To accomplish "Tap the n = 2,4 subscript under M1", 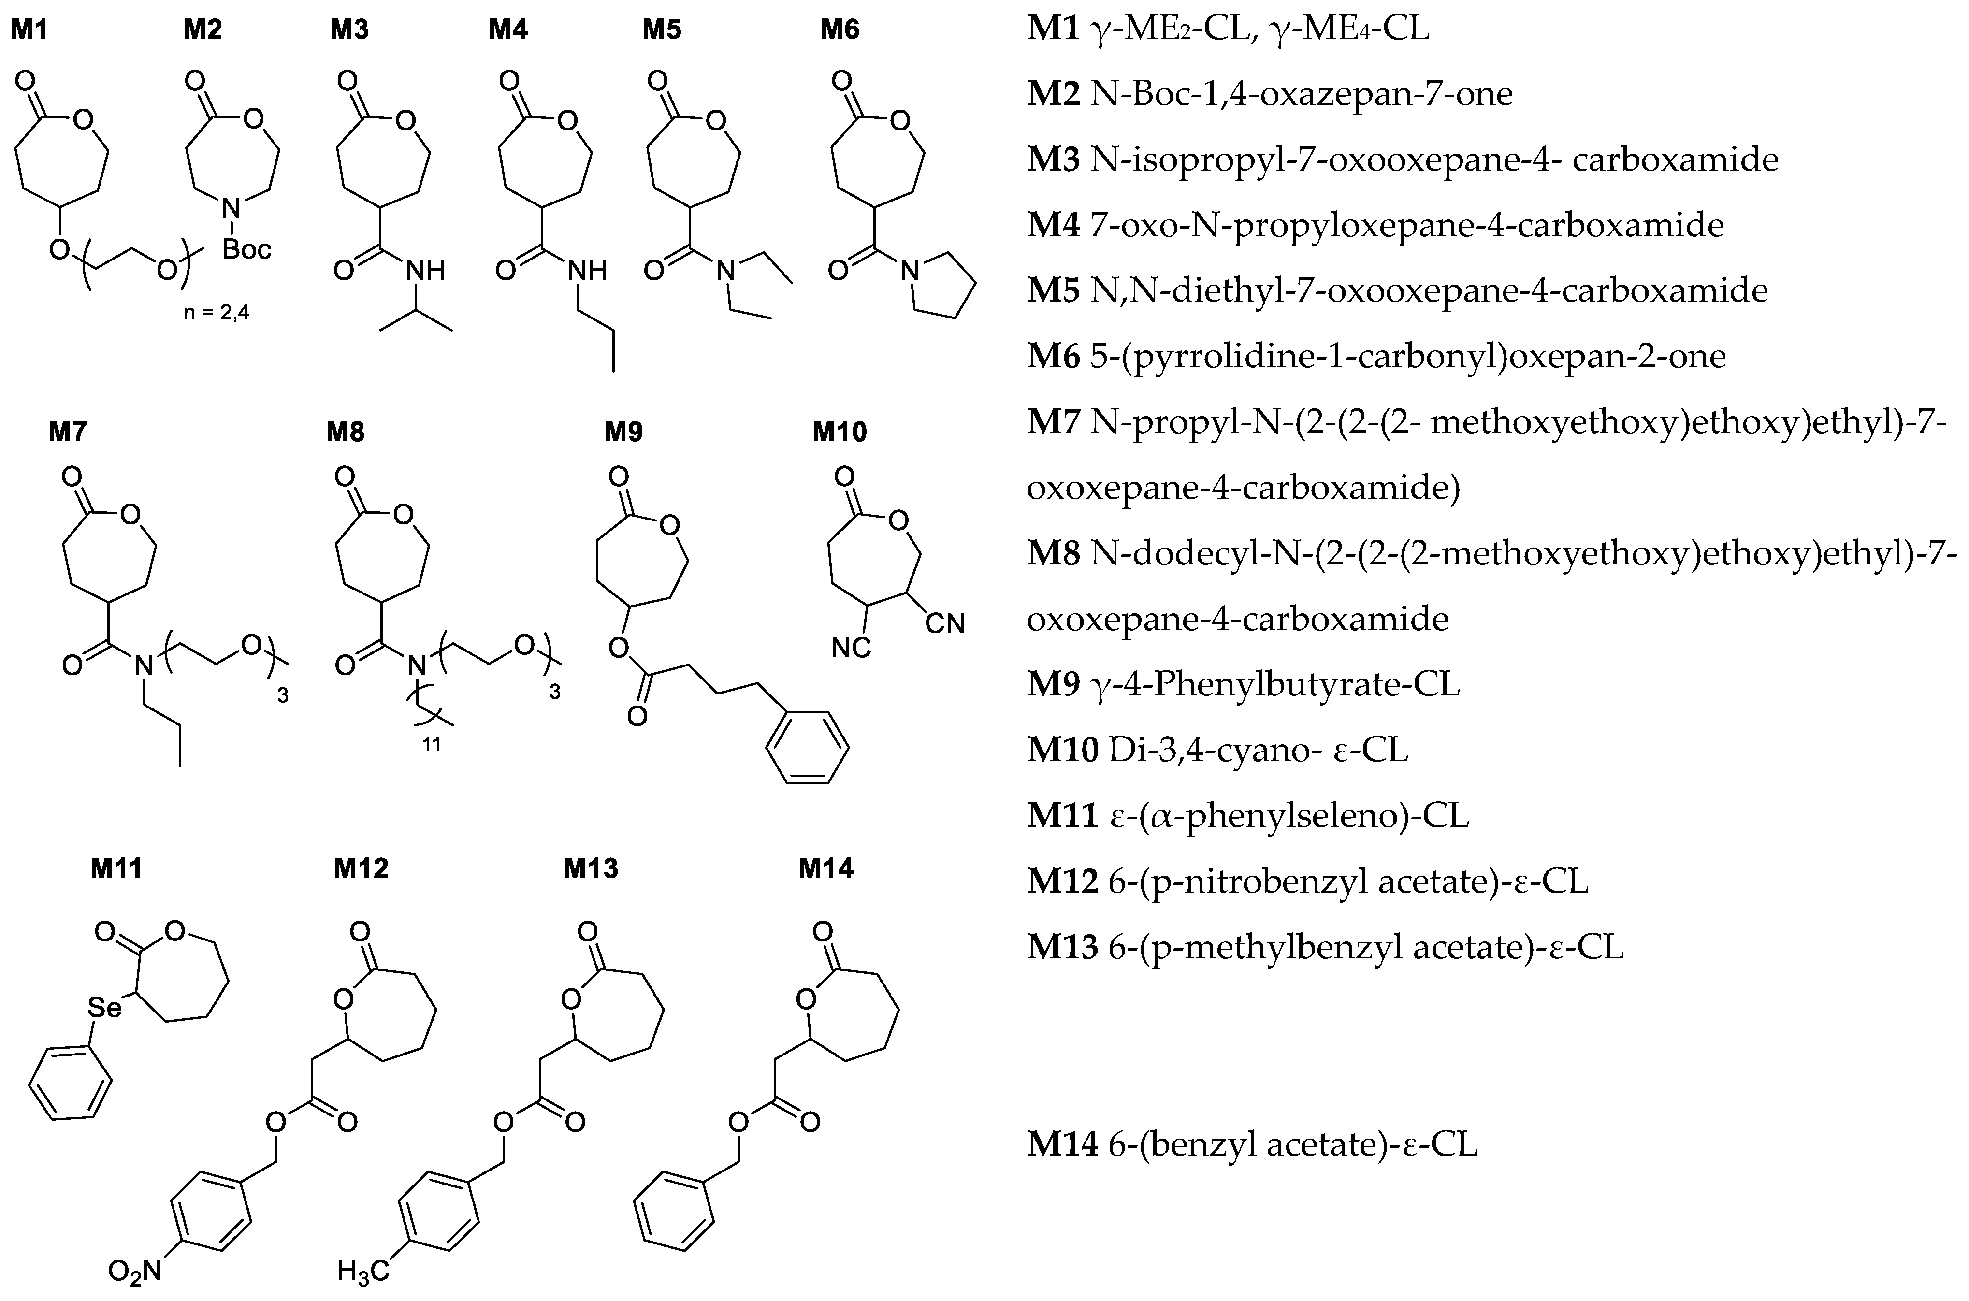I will (216, 314).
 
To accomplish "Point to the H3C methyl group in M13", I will (362, 1270).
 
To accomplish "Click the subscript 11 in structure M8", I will (432, 744).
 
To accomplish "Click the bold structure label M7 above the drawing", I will (67, 432).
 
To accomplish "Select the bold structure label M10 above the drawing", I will (840, 432).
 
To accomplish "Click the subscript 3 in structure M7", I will (282, 695).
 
